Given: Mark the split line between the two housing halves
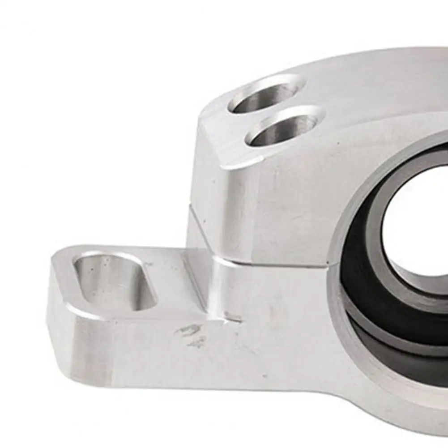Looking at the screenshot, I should [269, 264].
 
